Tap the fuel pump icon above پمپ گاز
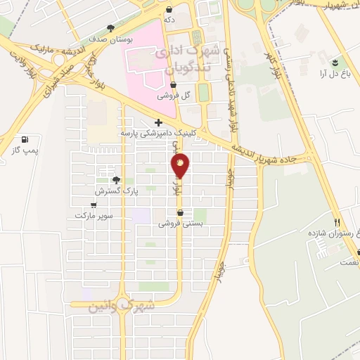[26, 139]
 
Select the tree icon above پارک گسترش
[117, 180]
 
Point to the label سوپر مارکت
[94, 217]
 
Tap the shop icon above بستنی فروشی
[181, 212]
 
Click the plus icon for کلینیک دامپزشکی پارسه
[159, 122]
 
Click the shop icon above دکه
[169, 9]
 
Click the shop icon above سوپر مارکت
[94, 205]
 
